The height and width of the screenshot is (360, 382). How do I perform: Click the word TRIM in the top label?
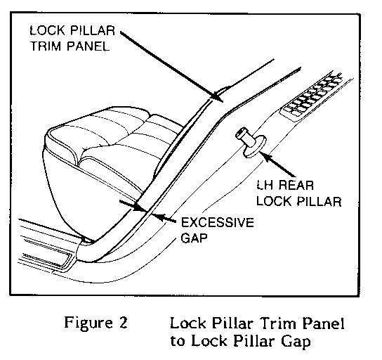coord(44,46)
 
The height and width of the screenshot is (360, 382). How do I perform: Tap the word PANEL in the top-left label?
coord(88,46)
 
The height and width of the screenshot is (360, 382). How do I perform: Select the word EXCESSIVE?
coord(217,222)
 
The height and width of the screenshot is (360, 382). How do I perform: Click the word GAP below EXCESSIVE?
coord(195,238)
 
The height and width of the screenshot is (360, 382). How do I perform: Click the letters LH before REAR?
coord(265,186)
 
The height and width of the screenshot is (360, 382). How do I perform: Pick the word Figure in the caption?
coord(88,323)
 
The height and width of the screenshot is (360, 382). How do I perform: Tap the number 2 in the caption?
coord(123,323)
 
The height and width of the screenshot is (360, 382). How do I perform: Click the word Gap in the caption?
coord(296,342)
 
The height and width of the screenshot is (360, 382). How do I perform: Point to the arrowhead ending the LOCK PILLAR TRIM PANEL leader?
coord(217,97)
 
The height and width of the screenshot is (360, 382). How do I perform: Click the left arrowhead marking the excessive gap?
coord(141,208)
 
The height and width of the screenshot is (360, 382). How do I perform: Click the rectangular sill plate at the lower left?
coord(48,260)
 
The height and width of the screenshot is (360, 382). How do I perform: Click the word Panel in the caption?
coord(323,323)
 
